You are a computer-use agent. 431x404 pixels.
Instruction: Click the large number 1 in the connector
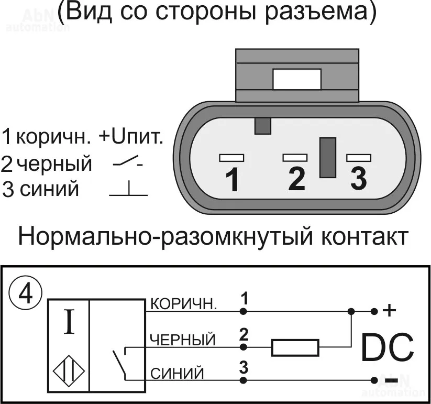pos(232,180)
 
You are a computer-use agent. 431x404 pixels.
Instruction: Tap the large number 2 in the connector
pos(296,179)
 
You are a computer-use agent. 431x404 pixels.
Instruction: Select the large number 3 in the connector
pos(358,179)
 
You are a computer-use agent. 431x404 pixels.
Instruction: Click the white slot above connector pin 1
pos(231,157)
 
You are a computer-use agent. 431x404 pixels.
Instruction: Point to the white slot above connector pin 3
pos(359,157)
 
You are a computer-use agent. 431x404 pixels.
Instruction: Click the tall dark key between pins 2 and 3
pos(327,157)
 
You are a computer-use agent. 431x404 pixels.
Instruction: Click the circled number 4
pos(25,295)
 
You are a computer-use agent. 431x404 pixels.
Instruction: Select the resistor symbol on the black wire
pos(295,347)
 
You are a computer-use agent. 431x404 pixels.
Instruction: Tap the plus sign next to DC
pos(390,311)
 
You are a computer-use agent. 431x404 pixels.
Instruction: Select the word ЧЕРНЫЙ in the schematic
pos(183,340)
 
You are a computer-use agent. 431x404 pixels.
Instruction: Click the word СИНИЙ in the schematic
pos(177,374)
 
